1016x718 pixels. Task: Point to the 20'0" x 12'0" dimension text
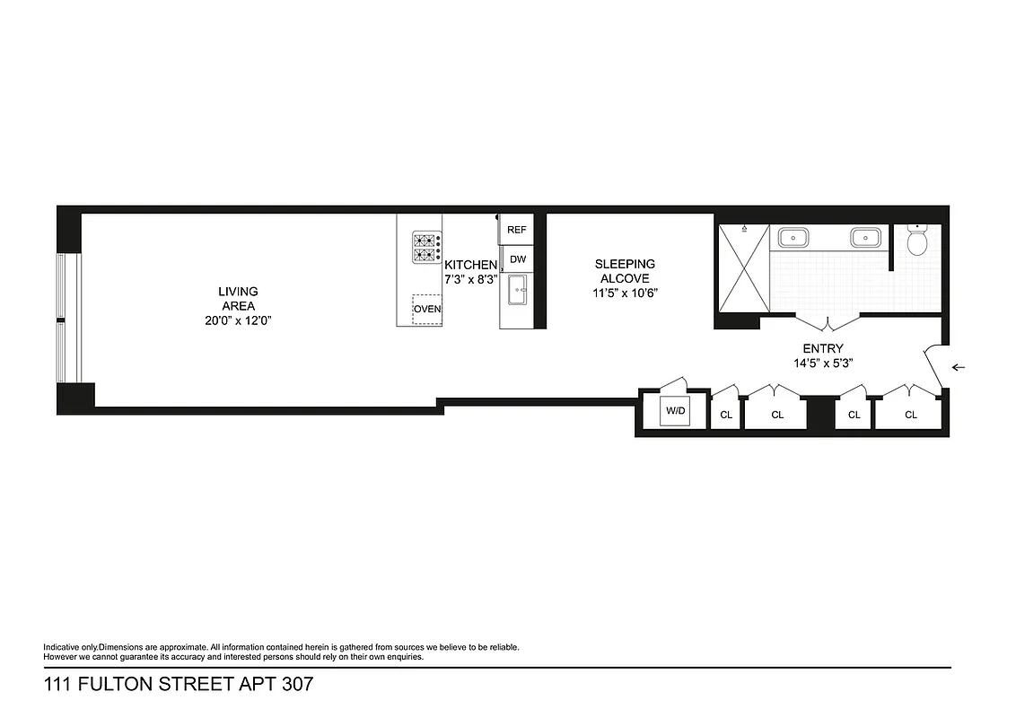(x=238, y=320)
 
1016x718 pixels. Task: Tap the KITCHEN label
(x=470, y=265)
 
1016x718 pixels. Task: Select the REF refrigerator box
(x=516, y=230)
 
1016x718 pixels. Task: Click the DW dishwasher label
(x=517, y=259)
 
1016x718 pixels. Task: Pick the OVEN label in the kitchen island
(x=427, y=310)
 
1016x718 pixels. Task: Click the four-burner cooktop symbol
(x=426, y=247)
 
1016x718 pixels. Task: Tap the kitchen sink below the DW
(x=517, y=290)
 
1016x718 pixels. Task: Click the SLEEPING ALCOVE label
(x=625, y=271)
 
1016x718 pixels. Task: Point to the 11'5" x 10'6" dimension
(x=625, y=293)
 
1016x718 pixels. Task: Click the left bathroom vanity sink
(x=793, y=238)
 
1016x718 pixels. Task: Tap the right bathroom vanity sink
(x=865, y=238)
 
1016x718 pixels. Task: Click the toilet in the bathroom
(x=916, y=241)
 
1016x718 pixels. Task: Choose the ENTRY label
(x=823, y=348)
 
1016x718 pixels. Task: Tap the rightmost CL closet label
(x=911, y=415)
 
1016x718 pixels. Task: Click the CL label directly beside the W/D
(x=725, y=415)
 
